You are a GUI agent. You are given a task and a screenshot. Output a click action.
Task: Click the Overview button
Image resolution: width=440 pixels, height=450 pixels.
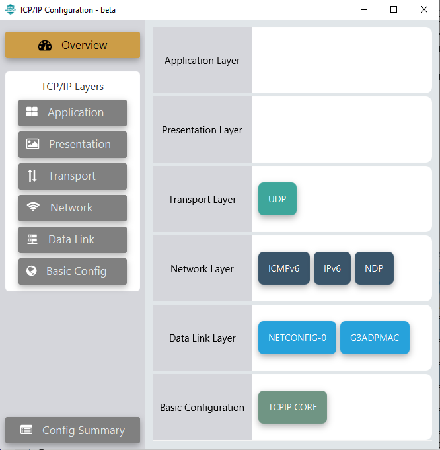[x=73, y=45]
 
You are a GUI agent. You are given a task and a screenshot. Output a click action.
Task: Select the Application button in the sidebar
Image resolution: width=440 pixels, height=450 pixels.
[x=73, y=112]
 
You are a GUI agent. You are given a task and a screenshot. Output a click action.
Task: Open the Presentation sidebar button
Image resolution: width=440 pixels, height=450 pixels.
[x=73, y=144]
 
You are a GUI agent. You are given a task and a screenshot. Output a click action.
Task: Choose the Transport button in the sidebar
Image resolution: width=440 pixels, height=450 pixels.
[x=73, y=176]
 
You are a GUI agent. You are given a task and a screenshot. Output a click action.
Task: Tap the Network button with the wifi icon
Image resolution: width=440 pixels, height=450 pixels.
[x=73, y=207]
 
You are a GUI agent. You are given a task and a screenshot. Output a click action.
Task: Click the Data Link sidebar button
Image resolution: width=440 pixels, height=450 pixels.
[x=73, y=239]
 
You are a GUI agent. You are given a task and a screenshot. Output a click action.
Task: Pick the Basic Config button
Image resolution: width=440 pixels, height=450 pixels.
[x=73, y=271]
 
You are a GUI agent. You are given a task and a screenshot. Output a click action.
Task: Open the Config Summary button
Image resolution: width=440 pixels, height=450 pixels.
[x=73, y=430]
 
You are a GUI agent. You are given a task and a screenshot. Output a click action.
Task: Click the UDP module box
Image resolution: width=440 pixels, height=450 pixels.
[x=277, y=199]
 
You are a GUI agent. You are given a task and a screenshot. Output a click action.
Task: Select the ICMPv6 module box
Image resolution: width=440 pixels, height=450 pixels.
[x=284, y=268]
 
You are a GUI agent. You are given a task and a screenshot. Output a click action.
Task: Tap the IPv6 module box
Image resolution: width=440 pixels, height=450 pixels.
[x=332, y=268]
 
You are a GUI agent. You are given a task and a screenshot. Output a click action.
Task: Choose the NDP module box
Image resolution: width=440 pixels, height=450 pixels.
[x=374, y=268]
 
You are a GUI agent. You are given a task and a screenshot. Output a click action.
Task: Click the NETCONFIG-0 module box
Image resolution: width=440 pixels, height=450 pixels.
[x=297, y=338]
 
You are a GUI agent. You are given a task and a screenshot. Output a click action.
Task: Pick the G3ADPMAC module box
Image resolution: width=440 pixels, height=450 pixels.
[x=375, y=338]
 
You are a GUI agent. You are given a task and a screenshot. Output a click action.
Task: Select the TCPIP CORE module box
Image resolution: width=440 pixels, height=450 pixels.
[x=293, y=407]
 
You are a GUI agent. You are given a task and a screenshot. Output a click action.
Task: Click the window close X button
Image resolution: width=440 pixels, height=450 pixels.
[x=424, y=9]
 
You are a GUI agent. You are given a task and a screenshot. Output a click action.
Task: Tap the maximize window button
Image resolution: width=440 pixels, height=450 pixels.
[x=394, y=9]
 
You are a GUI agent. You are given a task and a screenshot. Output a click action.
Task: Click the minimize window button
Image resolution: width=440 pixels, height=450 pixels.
[x=363, y=9]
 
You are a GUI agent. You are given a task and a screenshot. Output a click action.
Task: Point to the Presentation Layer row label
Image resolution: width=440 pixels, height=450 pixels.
[x=202, y=130]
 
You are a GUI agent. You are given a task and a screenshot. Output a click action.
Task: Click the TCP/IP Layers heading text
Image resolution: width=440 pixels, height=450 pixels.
[x=73, y=87]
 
